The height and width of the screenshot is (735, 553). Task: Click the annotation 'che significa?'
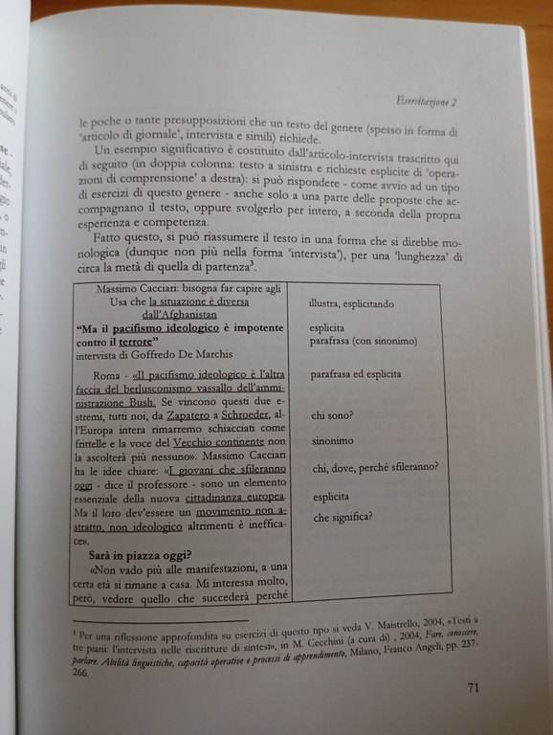[343, 519]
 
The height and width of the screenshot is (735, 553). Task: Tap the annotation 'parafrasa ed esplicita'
[356, 374]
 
